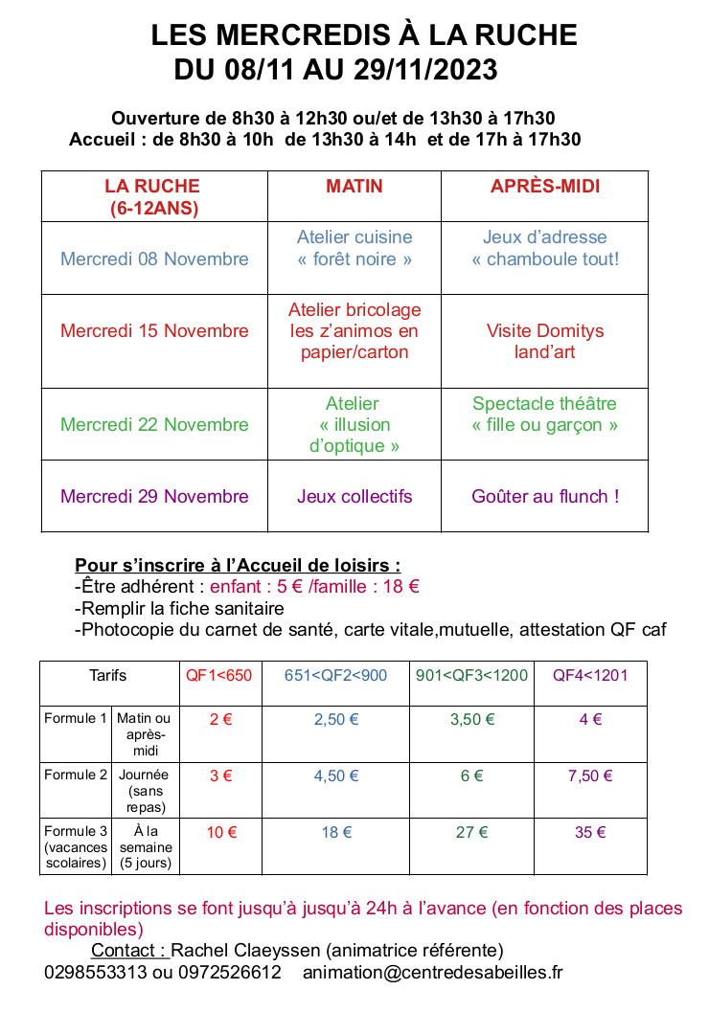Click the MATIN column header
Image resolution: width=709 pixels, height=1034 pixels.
354,187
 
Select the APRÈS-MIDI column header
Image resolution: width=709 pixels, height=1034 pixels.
545,187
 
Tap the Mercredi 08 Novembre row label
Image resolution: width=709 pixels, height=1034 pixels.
154,258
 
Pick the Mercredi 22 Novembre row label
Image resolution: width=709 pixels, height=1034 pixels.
154,424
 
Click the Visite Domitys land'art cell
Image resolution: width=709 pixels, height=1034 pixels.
545,341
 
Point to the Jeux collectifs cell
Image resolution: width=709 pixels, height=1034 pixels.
354,496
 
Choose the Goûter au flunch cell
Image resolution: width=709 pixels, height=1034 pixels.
545,496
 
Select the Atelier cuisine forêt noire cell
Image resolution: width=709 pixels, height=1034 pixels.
354,248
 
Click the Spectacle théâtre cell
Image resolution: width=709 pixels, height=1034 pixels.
545,414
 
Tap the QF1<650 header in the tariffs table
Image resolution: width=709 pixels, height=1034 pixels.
219,675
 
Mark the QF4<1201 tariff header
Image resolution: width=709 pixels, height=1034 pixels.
590,675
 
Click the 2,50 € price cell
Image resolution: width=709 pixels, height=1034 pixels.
336,720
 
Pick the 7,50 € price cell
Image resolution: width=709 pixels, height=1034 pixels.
590,775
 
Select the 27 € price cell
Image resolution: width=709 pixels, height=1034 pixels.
471,832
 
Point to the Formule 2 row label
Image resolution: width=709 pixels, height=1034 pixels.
76,775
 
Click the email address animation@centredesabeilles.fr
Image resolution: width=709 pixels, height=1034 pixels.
433,972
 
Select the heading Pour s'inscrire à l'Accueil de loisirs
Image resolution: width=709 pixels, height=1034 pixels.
238,565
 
